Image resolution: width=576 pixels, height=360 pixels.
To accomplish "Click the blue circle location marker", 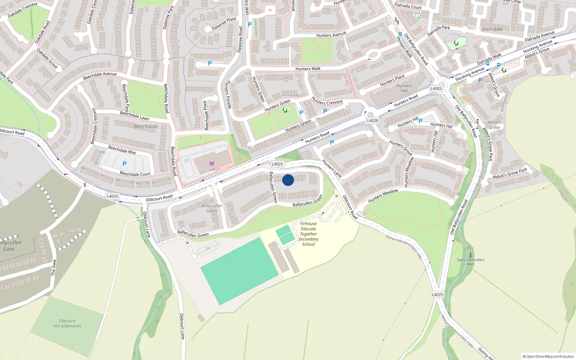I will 288,180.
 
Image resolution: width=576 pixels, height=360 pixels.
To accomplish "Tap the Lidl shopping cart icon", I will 212,163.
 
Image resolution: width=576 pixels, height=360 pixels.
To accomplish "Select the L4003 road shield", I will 436,89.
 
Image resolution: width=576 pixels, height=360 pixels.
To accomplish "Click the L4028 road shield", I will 373,121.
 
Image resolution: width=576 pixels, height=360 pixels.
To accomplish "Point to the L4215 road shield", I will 437,294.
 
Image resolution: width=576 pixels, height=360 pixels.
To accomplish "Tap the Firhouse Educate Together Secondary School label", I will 309,234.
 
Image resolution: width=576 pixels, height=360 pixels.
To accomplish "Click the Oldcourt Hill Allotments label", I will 67,323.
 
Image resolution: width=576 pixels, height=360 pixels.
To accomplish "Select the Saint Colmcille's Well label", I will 471,262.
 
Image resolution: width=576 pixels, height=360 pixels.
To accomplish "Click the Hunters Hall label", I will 404,88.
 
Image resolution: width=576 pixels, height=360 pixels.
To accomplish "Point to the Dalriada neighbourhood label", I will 492,29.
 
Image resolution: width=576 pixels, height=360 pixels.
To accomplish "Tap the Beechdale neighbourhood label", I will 146,126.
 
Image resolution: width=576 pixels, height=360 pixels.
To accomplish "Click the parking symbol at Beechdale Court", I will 125,164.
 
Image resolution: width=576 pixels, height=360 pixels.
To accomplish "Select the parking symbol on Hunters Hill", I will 420,121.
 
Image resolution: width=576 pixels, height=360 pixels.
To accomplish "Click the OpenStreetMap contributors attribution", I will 548,356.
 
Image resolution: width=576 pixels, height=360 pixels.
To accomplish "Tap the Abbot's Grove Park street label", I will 510,173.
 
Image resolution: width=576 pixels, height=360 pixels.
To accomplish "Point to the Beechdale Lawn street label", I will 134,116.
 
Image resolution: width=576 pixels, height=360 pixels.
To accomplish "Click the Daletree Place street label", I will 224,23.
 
